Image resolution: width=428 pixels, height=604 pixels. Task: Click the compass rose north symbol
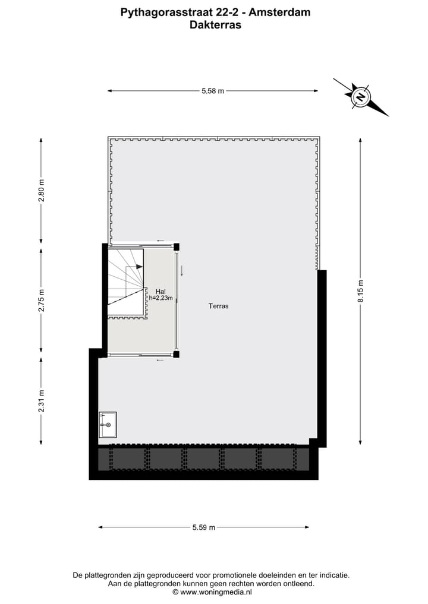coord(360,96)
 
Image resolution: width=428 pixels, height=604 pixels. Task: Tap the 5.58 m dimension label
coord(213,91)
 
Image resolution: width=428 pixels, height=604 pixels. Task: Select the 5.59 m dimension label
coord(204,527)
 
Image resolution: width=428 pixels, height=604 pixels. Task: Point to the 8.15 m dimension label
coord(360,291)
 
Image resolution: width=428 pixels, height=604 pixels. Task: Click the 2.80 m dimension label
coord(41,191)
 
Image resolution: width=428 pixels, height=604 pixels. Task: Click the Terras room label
coord(218,306)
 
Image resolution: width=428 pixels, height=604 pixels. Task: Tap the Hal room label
coord(160,291)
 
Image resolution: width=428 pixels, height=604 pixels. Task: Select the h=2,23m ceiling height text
coord(160,298)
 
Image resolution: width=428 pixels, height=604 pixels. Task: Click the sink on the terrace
coord(108,425)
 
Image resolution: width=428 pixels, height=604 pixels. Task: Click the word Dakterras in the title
coord(215,25)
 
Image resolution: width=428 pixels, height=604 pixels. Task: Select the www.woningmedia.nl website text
coord(216,592)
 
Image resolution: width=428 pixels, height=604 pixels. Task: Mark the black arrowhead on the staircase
coord(139,267)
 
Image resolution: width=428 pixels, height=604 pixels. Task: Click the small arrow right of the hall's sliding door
coord(182,270)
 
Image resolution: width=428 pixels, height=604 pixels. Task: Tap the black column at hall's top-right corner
coord(176,246)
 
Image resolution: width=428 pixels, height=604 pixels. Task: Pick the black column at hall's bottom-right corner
coord(176,355)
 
